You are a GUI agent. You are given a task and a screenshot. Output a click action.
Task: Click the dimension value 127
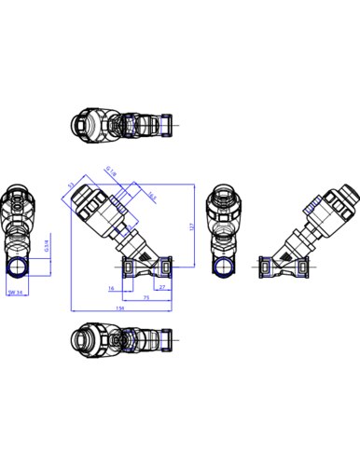(x=191, y=226)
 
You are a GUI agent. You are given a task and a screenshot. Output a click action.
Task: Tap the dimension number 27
(x=163, y=289)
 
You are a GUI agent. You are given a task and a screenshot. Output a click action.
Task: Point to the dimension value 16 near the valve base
(x=125, y=289)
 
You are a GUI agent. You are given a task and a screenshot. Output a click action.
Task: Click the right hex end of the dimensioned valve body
(x=167, y=268)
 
